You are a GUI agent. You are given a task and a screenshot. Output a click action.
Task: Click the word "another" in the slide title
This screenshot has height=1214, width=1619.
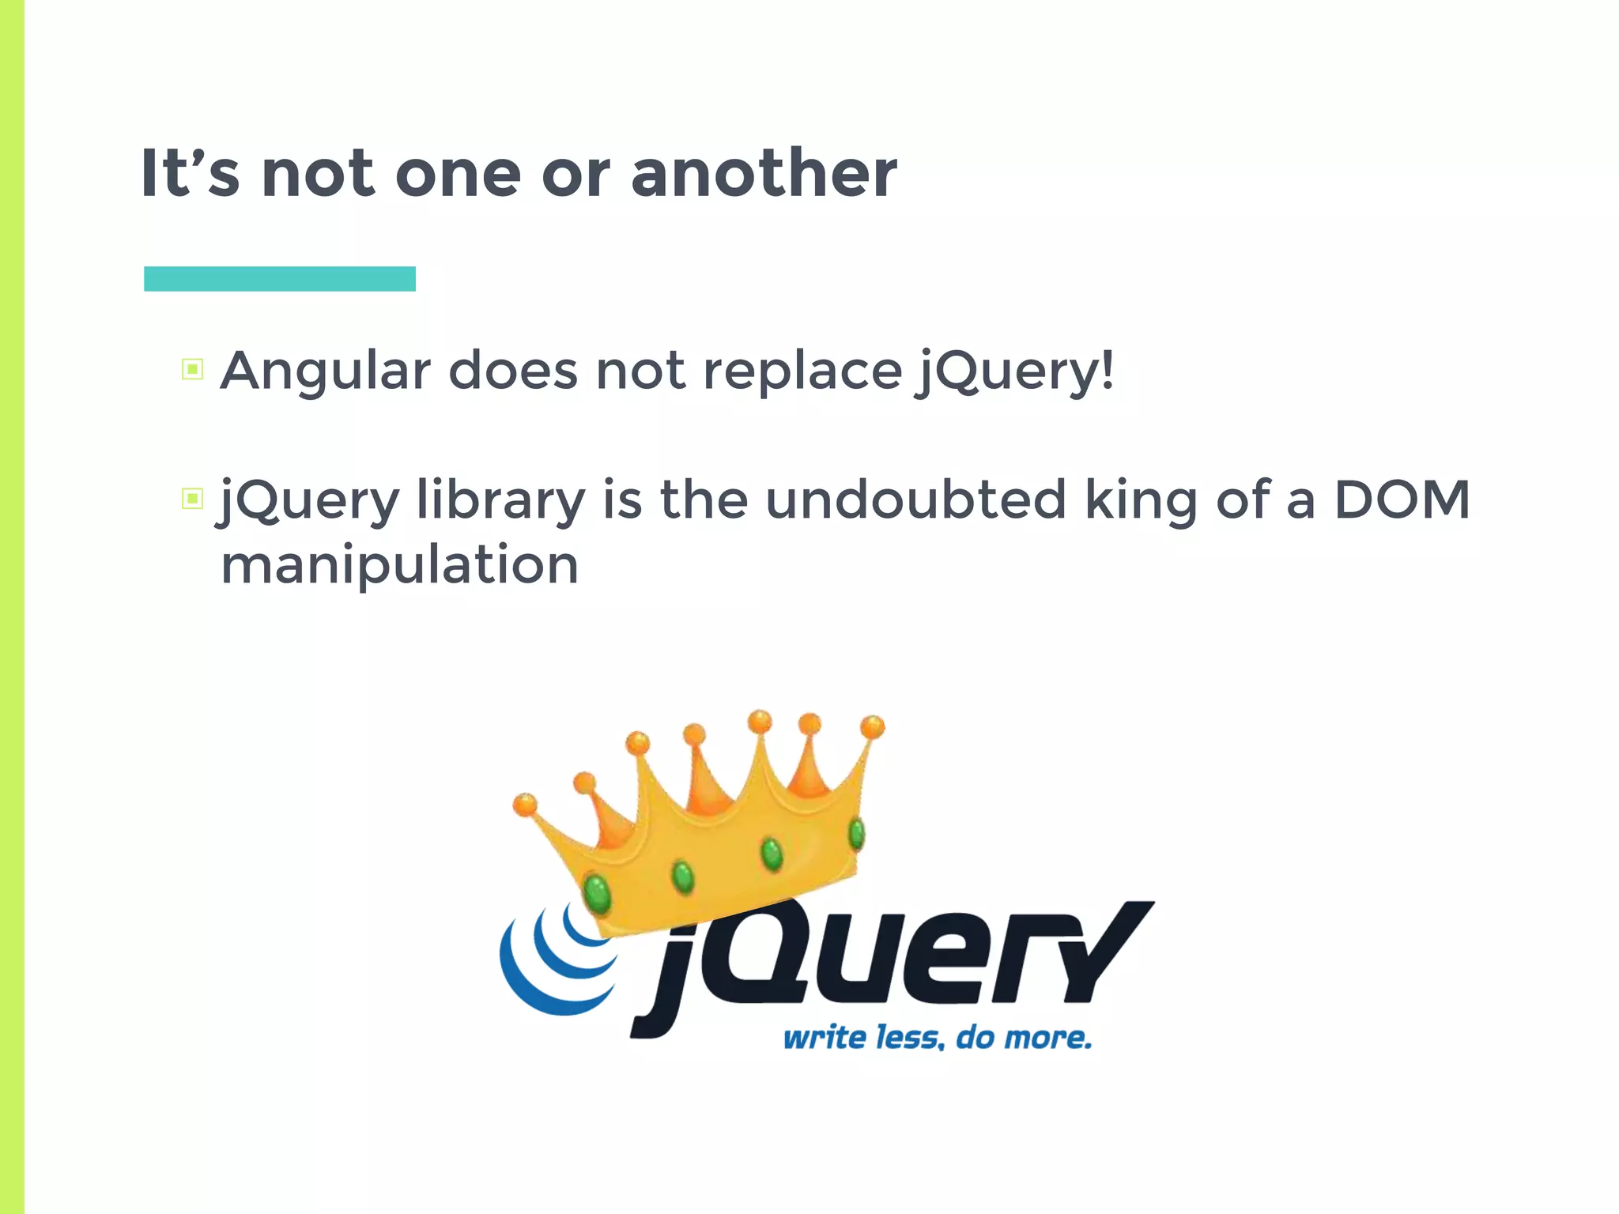click(764, 173)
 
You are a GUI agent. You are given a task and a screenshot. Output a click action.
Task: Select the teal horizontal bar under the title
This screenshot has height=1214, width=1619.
click(280, 279)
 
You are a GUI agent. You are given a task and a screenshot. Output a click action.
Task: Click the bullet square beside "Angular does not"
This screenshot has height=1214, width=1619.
click(192, 369)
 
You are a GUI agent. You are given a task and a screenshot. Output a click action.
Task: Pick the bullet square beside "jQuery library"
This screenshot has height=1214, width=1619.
click(192, 499)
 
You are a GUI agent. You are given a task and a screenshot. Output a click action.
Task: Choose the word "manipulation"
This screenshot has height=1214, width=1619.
click(399, 565)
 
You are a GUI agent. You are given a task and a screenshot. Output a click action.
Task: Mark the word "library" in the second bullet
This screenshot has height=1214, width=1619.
click(500, 500)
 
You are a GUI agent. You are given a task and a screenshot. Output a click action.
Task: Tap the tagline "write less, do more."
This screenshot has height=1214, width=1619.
click(938, 1038)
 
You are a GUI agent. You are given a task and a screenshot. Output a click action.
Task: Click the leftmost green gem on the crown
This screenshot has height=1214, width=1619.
click(598, 893)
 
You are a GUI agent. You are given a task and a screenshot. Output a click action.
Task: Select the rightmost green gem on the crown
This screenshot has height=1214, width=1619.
click(856, 834)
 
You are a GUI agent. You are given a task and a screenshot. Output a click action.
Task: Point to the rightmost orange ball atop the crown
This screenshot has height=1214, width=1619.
click(872, 726)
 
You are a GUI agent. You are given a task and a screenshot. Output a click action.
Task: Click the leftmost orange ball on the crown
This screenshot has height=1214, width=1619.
click(524, 805)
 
